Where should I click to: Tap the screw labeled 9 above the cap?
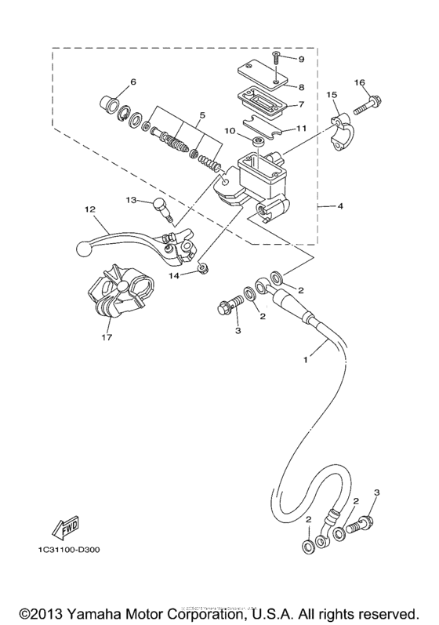click(x=277, y=57)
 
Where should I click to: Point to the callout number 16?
click(x=360, y=82)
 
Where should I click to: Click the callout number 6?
click(x=132, y=82)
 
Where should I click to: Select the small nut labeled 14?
click(x=202, y=269)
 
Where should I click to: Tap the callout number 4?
click(x=340, y=207)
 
